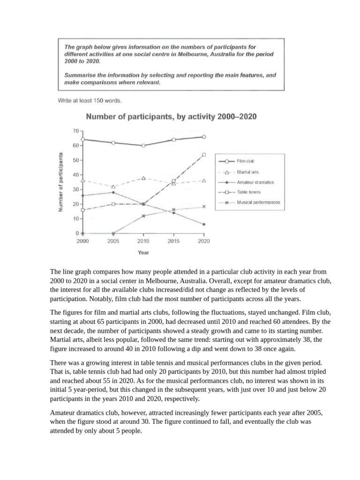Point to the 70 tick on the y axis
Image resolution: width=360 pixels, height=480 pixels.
click(75, 131)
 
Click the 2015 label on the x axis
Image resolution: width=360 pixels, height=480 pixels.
click(174, 241)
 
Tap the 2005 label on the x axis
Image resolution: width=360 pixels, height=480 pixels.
click(113, 241)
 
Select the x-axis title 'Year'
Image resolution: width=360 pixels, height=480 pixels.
click(143, 253)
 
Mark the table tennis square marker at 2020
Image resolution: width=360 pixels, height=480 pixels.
click(203, 154)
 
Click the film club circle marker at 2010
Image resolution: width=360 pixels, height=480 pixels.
click(143, 145)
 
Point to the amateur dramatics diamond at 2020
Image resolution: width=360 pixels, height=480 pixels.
click(203, 225)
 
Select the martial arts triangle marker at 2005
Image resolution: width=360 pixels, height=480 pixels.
click(113, 187)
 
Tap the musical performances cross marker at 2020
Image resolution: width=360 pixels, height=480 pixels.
click(203, 207)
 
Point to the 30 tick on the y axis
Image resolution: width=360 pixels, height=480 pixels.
click(75, 189)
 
